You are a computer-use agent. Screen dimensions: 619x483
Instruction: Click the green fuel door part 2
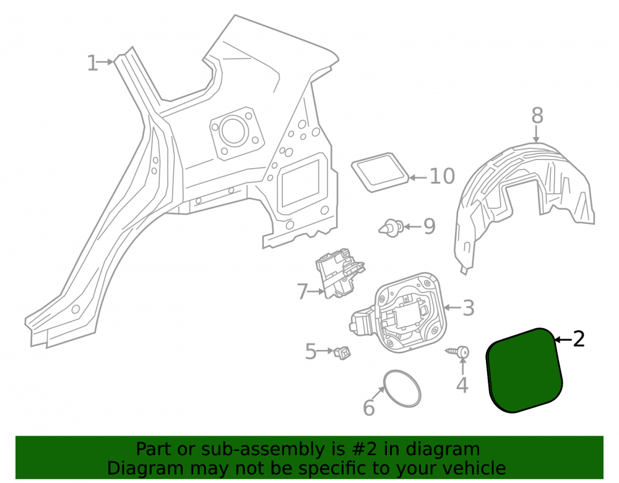pos(524,370)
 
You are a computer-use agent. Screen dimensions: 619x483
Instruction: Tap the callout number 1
pos(92,63)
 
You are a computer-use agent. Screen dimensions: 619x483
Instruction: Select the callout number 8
pos(537,116)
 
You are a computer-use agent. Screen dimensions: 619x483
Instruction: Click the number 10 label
pos(442,176)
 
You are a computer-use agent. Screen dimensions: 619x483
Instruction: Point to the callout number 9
pos(430,226)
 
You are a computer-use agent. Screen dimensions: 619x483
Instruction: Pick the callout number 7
pos(303,292)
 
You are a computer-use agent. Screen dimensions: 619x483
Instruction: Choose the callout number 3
pos(468,308)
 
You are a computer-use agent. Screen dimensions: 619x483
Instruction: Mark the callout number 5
pos(311,351)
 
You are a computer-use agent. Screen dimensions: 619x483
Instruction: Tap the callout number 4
pos(462,385)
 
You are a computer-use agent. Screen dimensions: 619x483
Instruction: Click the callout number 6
pos(369,408)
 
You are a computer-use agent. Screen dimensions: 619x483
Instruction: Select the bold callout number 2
pos(579,339)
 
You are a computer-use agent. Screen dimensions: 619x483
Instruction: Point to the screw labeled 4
pos(458,352)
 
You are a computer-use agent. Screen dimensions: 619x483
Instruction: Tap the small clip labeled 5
pos(342,352)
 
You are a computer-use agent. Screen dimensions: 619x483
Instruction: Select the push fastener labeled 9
pos(391,228)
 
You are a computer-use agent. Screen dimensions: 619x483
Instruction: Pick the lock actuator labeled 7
pos(340,273)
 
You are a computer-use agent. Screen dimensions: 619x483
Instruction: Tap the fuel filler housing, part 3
pos(399,313)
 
